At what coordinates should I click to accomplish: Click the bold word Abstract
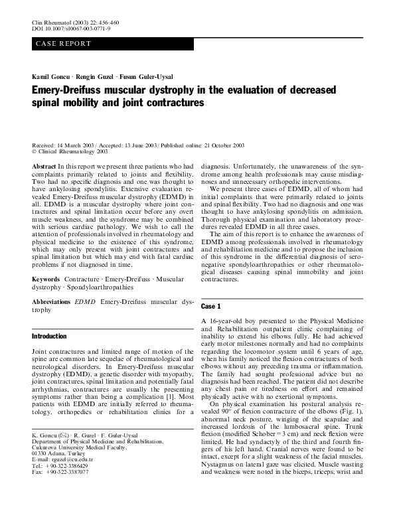coord(44,166)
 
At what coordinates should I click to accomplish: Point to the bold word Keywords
coord(46,279)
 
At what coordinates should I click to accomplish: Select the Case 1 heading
coord(211,306)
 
